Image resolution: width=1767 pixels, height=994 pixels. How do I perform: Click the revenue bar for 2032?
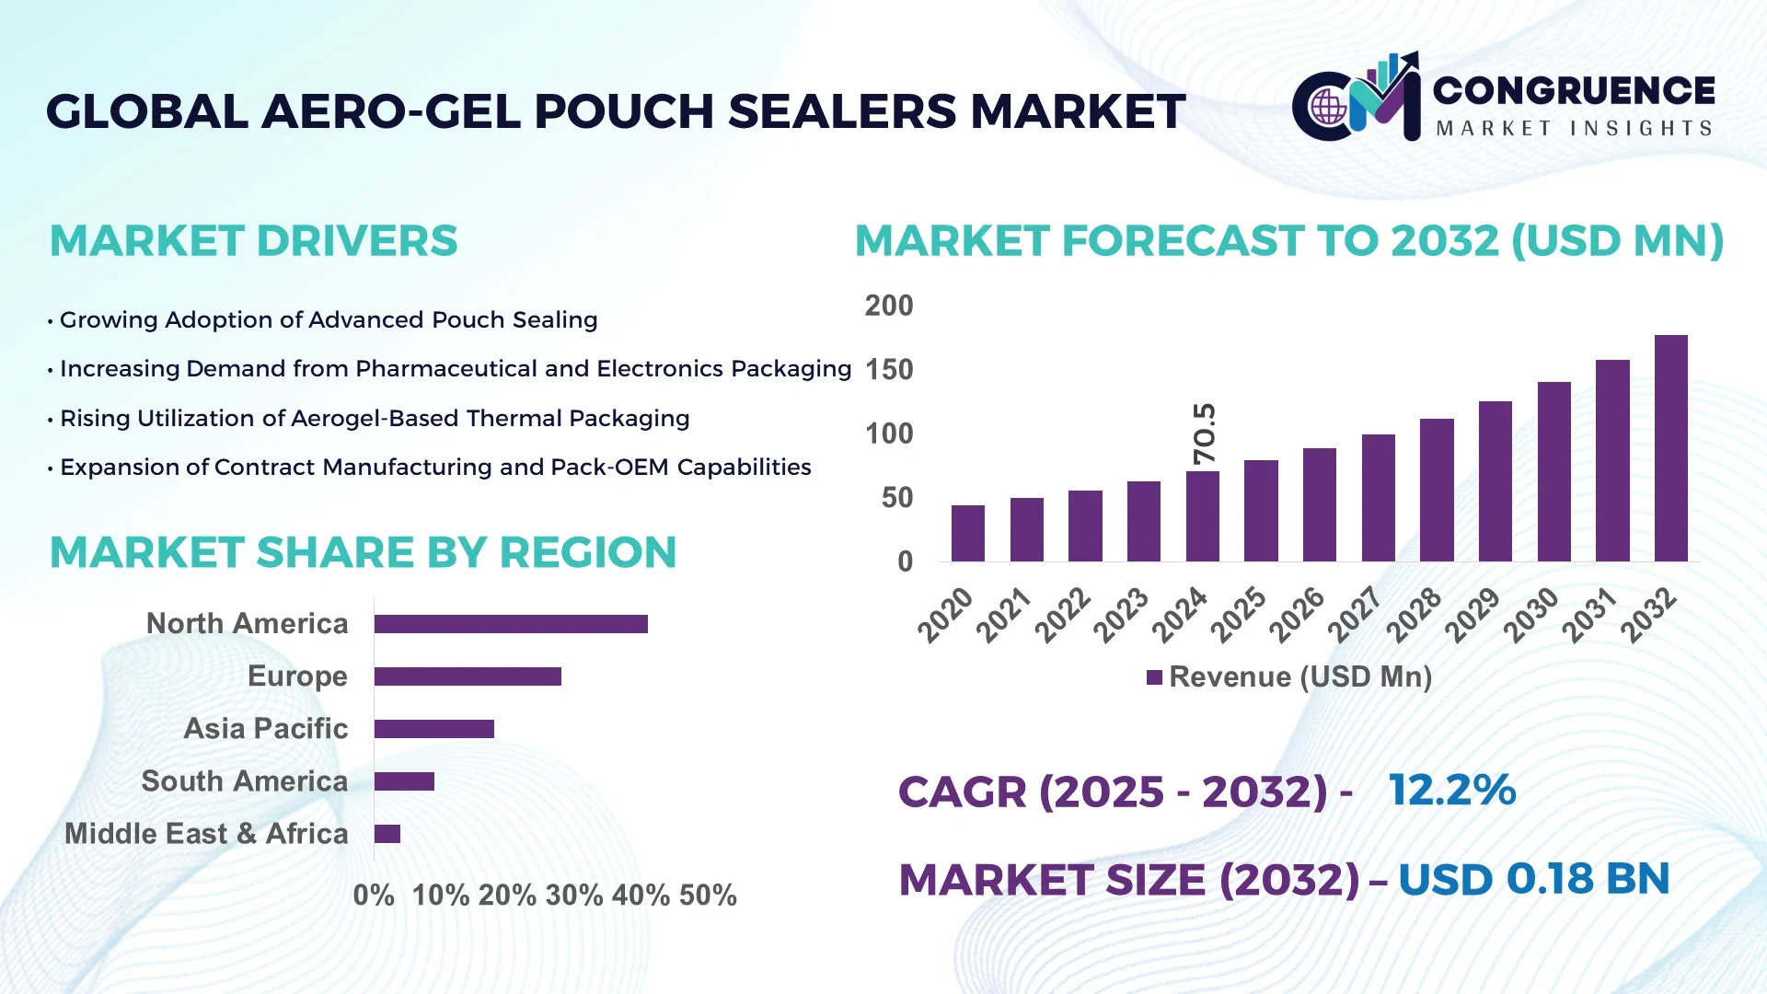click(1670, 448)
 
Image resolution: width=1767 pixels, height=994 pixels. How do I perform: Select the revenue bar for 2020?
click(967, 533)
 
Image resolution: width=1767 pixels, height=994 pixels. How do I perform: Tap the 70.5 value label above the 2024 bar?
click(1204, 433)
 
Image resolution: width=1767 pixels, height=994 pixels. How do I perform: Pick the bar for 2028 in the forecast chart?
click(1437, 490)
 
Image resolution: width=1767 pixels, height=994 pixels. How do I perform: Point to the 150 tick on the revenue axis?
click(888, 370)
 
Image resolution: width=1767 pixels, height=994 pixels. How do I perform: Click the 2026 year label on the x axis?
click(1298, 614)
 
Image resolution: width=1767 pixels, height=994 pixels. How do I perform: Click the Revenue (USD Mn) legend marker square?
click(1154, 678)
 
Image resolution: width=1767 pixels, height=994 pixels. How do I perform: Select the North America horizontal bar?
click(511, 624)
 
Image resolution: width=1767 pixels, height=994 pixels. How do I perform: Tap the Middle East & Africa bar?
click(387, 834)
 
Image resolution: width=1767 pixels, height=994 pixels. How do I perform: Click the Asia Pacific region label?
click(265, 729)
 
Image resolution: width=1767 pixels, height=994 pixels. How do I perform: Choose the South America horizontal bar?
click(404, 781)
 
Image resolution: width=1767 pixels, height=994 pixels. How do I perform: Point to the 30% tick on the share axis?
click(573, 896)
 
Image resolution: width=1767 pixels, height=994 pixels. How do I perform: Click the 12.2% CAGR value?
click(1451, 790)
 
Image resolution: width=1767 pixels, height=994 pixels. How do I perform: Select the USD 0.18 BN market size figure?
click(1533, 879)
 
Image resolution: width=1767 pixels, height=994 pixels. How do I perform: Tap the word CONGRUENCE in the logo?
click(1574, 90)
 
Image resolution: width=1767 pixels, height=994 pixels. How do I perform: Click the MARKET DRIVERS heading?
click(253, 241)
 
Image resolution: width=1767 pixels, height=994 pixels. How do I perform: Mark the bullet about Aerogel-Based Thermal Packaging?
click(374, 419)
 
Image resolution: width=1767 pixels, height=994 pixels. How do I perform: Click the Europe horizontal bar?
click(468, 676)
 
